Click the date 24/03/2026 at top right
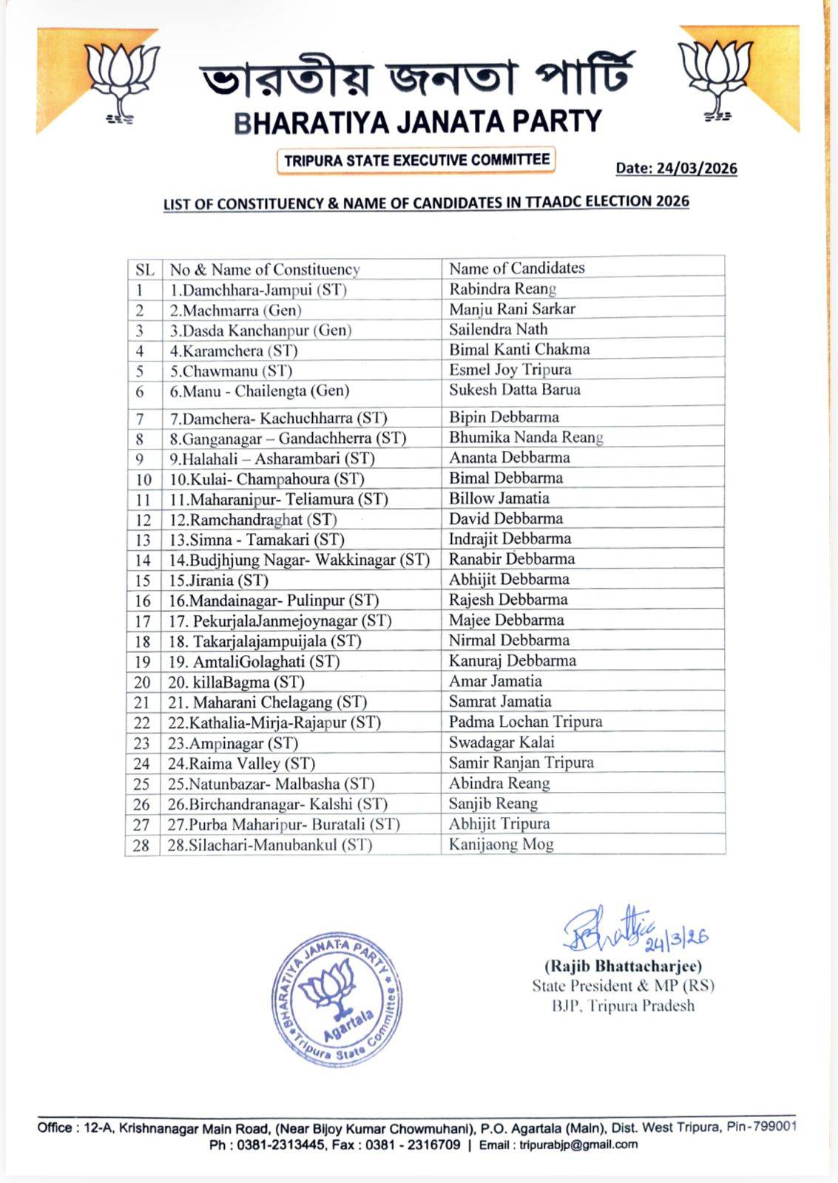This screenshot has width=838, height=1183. (676, 169)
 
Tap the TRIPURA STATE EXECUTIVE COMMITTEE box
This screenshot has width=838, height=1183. (416, 160)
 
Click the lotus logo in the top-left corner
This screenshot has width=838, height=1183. (121, 80)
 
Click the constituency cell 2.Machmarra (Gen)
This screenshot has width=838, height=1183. (235, 311)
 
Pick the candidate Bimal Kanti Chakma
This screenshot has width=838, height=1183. (519, 350)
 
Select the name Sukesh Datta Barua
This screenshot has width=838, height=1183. (514, 390)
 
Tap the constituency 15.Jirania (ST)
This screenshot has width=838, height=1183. (218, 580)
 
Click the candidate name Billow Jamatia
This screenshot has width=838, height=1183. (499, 498)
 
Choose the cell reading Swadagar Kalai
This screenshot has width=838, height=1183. (501, 742)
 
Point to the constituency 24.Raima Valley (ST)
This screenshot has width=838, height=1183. (241, 764)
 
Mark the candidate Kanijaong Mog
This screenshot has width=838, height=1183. (501, 844)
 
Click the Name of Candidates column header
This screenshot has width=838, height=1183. (516, 268)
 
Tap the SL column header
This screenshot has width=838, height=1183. (144, 270)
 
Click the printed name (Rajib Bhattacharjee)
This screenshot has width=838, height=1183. (623, 966)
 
